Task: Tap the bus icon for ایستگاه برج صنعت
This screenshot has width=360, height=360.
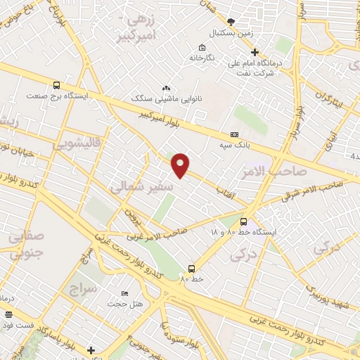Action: tap(56, 82)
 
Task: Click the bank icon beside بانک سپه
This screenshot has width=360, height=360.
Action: tap(234, 134)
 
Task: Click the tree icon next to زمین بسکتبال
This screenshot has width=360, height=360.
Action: tap(231, 22)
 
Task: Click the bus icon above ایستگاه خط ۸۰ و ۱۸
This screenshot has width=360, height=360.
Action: tap(243, 221)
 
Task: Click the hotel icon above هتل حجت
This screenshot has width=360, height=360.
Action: tap(125, 292)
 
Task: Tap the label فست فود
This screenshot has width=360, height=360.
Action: tap(16, 326)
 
